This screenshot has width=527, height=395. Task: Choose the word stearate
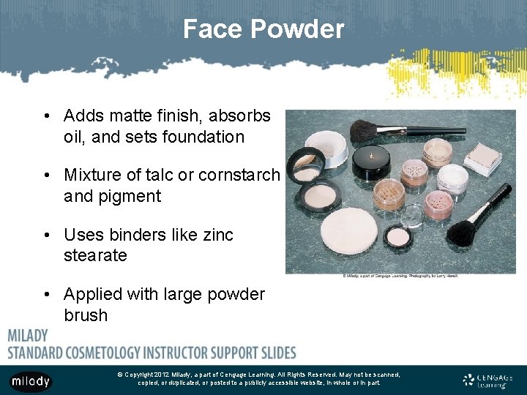(x=95, y=256)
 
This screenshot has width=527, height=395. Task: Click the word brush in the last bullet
(x=86, y=316)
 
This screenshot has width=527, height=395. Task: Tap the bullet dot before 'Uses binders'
(x=46, y=235)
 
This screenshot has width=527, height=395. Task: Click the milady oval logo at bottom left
(x=31, y=381)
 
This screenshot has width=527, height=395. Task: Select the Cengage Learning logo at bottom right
(x=487, y=380)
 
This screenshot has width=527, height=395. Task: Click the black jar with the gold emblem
(x=370, y=162)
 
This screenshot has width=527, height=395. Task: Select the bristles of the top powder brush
(x=365, y=132)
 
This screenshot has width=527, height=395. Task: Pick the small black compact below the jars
(x=399, y=236)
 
